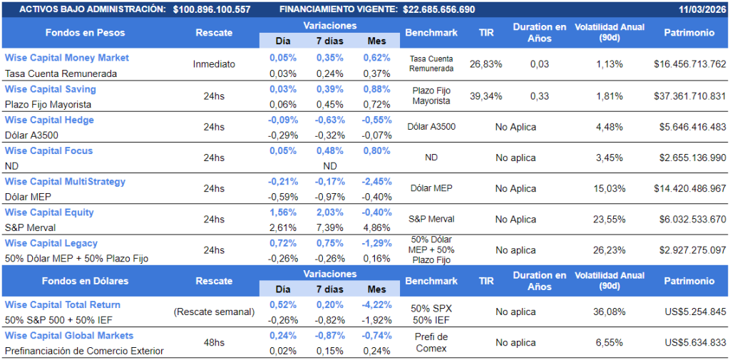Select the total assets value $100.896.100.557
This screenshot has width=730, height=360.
(x=212, y=9)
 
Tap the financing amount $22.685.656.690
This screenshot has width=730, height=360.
(x=439, y=9)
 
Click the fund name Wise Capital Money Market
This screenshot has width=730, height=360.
(x=67, y=58)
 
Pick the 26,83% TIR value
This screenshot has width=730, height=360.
(x=486, y=64)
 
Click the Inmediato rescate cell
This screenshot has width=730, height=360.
(x=214, y=64)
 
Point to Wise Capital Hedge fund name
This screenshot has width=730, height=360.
(x=49, y=120)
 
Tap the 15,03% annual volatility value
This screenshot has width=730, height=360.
(x=610, y=189)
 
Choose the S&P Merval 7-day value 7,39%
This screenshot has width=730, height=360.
(x=330, y=227)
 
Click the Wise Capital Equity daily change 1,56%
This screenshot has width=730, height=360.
(x=283, y=212)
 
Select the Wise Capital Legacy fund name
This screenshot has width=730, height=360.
(x=51, y=243)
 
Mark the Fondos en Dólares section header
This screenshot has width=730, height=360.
(x=86, y=281)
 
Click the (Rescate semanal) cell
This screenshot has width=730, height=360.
(x=214, y=312)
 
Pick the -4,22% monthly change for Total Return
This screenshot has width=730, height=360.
(x=376, y=304)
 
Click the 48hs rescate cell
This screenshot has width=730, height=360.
(x=214, y=343)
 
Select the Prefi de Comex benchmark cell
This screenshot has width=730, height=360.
(x=431, y=343)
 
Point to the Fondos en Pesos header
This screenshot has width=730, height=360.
(x=86, y=33)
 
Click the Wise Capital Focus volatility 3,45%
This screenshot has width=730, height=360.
(x=610, y=158)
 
